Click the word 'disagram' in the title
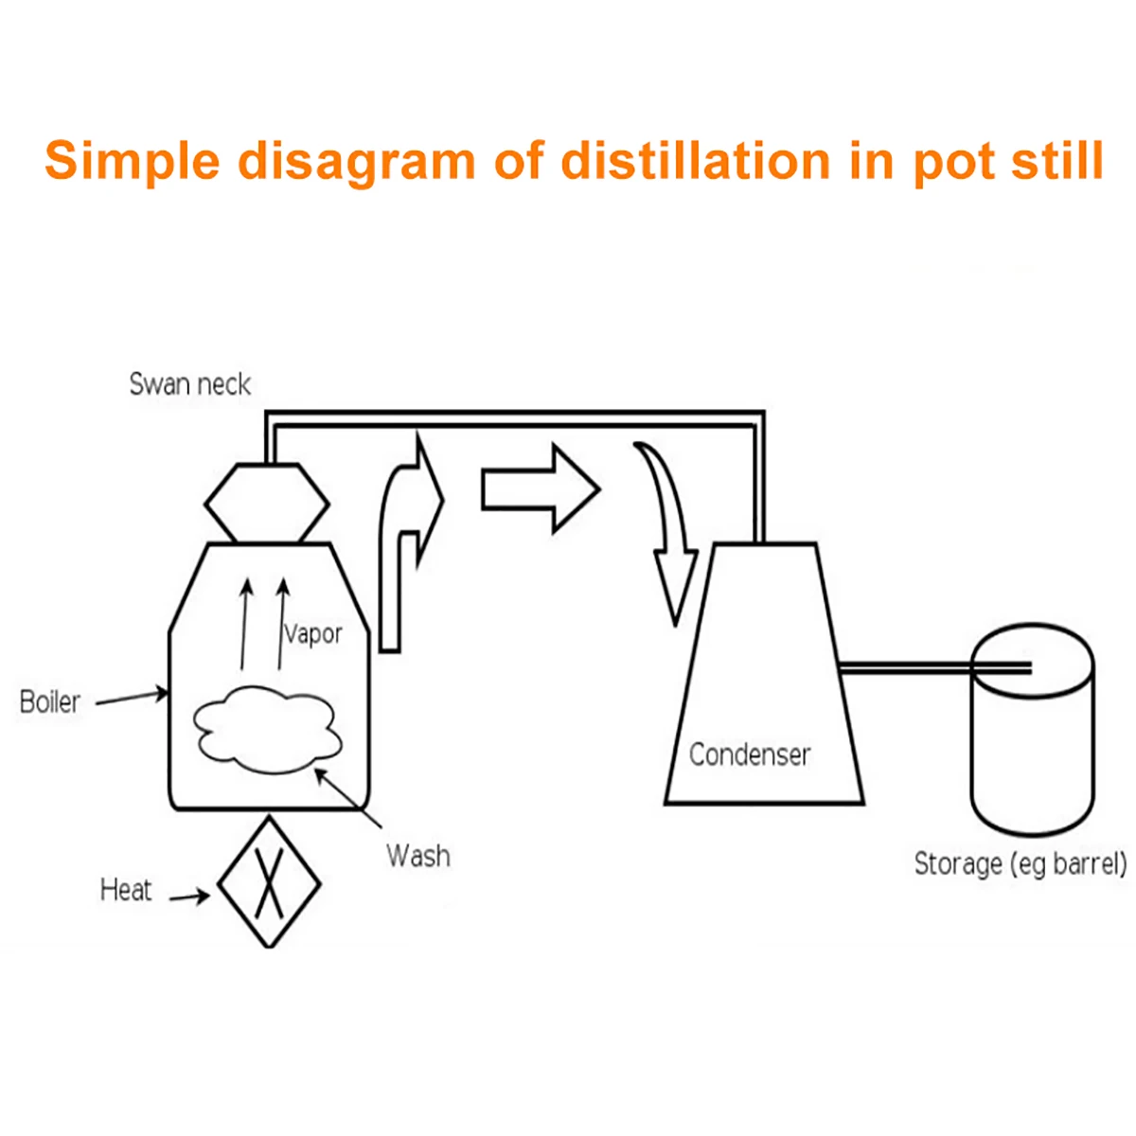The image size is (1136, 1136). click(356, 161)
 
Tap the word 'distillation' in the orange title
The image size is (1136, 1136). click(695, 161)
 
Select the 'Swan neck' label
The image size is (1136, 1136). click(189, 384)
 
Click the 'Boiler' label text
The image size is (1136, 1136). click(50, 702)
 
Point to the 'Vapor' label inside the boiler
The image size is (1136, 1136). click(313, 633)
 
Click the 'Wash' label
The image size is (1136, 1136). click(417, 856)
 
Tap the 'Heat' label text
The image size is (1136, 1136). click(126, 890)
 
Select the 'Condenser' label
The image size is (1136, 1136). click(750, 754)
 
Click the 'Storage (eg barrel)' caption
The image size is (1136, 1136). click(1021, 863)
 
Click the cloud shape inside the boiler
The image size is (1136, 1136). click(267, 727)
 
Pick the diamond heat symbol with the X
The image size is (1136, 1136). click(269, 882)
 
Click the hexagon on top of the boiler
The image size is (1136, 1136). click(268, 503)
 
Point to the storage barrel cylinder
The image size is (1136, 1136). click(1033, 748)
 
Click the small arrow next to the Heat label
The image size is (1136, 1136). click(190, 896)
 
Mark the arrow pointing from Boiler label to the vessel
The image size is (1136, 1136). click(132, 698)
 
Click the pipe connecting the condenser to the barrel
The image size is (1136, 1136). click(904, 669)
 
